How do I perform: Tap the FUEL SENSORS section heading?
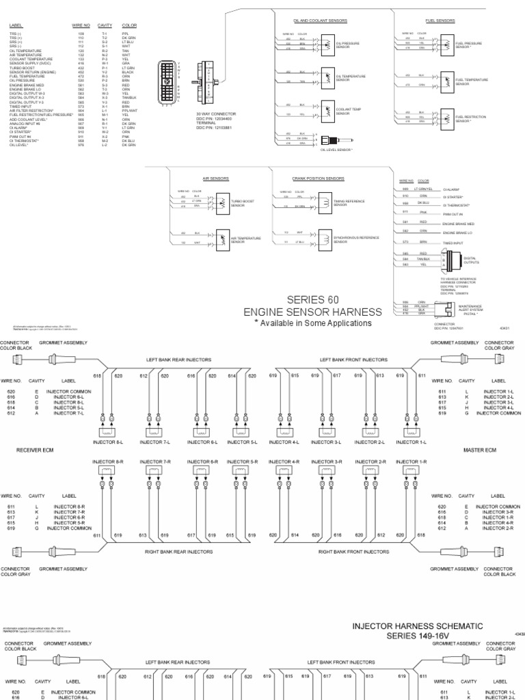(x=441, y=21)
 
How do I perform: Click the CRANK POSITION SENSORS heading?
(x=318, y=178)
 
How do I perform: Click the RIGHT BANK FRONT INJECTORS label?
(x=350, y=550)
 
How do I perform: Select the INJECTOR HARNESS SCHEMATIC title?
(x=418, y=625)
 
